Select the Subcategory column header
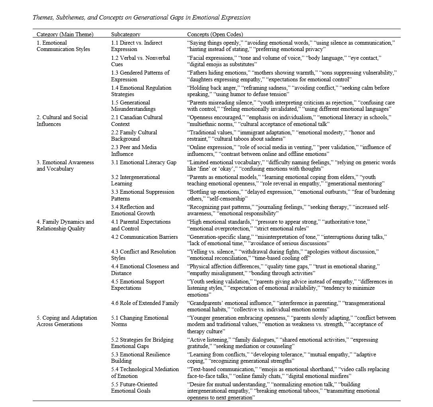(125, 35)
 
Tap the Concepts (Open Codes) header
(215, 35)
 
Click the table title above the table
(141, 18)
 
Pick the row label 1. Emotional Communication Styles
(63, 46)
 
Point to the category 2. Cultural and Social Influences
(62, 121)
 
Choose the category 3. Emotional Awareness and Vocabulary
(65, 165)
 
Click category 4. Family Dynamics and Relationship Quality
(65, 225)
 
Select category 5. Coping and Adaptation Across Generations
(67, 321)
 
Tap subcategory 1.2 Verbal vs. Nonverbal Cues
(140, 61)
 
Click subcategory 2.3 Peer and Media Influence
(133, 151)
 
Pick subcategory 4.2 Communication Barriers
(145, 237)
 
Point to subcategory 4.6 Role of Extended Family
(145, 303)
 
